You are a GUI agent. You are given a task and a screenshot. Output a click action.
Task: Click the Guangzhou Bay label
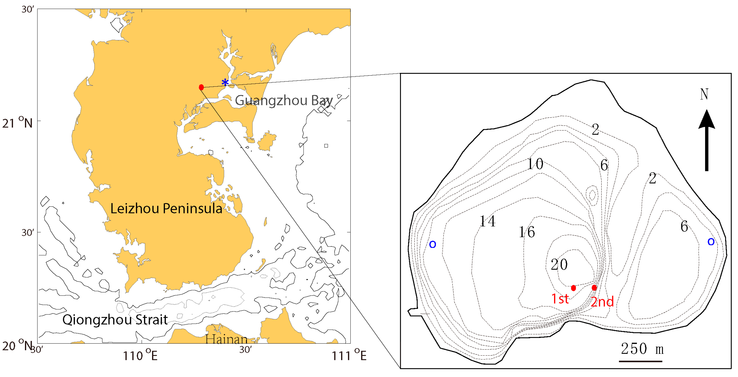click(284, 101)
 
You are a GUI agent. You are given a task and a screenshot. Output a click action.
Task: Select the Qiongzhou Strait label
click(115, 320)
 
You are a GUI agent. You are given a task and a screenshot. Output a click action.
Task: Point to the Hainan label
click(226, 340)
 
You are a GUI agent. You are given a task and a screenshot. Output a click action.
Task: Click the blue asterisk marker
click(225, 82)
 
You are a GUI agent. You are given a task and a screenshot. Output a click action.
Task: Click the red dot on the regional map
click(201, 87)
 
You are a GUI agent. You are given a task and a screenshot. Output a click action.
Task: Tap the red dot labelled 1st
click(573, 288)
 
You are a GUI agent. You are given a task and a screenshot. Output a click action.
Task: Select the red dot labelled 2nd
click(594, 287)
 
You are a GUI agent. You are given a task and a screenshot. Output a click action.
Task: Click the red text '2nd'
click(602, 302)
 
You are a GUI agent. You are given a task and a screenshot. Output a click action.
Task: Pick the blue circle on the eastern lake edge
click(711, 242)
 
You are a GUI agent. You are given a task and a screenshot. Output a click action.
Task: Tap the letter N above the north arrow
click(704, 95)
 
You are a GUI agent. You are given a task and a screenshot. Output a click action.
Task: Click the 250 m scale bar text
click(642, 349)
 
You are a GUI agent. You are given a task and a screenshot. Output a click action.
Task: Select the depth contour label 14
click(487, 221)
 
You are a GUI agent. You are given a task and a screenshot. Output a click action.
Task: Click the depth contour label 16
click(527, 232)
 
